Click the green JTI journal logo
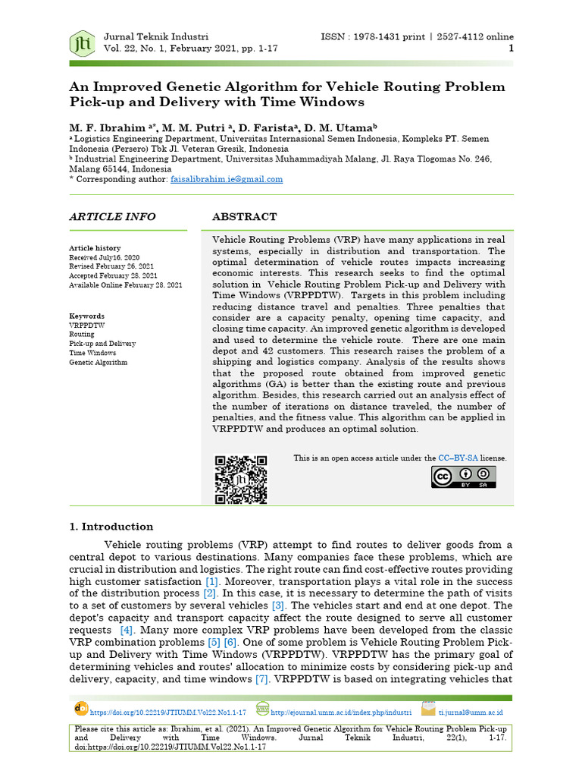pos(81,43)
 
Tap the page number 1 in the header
pos(511,48)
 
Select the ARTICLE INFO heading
pos(112,217)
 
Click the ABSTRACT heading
pos(244,217)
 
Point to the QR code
pos(241,480)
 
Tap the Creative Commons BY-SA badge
pos(464,477)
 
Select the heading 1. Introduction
pos(111,527)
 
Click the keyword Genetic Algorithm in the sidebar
pos(99,363)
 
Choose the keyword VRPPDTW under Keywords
pos(84,325)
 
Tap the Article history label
pos(95,248)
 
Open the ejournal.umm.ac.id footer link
pos(341,713)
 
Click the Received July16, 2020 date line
pos(104,258)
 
